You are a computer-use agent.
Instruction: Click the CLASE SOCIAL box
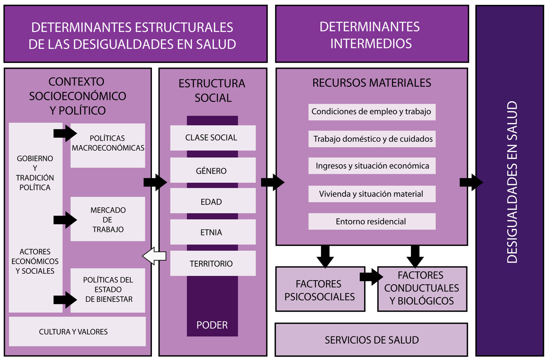(213, 138)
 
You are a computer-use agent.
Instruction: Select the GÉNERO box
(213, 171)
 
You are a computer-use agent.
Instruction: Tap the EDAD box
(213, 202)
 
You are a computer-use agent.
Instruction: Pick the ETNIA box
(213, 232)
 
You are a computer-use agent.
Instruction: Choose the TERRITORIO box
(213, 263)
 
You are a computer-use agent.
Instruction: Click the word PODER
(212, 325)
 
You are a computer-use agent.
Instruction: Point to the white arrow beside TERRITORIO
(154, 256)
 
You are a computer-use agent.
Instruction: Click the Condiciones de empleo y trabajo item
(372, 112)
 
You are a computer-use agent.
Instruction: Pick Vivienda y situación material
(372, 194)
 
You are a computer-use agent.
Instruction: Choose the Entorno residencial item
(372, 221)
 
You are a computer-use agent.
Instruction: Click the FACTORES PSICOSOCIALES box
(320, 290)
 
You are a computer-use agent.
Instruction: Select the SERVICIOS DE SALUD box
(371, 340)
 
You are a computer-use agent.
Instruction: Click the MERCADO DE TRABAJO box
(108, 220)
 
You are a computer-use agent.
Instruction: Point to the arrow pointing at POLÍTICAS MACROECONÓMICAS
(65, 133)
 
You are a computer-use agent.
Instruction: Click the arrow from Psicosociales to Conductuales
(371, 277)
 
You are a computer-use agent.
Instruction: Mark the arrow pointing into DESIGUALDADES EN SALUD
(471, 182)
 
